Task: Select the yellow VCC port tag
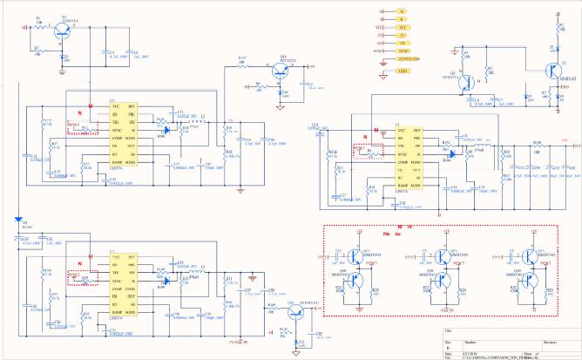click(x=402, y=28)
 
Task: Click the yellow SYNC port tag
click(x=403, y=51)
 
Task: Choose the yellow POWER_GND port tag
click(x=407, y=59)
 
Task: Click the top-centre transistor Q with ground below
click(x=281, y=70)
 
